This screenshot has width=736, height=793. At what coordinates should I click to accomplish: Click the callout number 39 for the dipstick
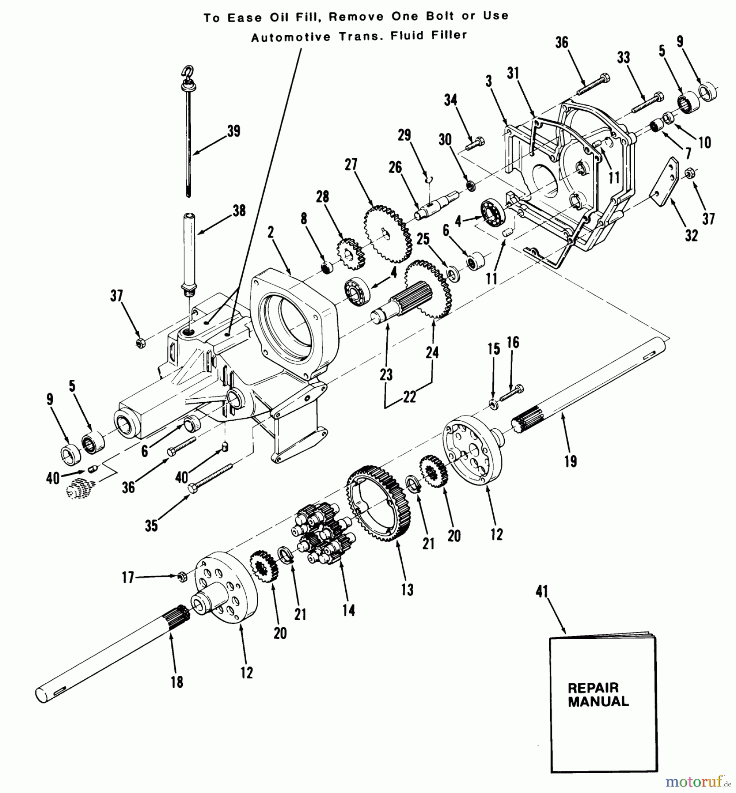(x=233, y=131)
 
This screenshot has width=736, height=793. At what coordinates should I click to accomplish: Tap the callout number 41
(x=541, y=591)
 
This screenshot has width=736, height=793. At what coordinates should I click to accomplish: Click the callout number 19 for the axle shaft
(x=570, y=461)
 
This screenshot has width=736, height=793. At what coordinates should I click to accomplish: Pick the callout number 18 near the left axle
(x=177, y=682)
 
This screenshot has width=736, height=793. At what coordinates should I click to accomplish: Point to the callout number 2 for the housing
(x=270, y=232)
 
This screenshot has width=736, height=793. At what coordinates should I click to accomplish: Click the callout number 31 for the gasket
(x=513, y=73)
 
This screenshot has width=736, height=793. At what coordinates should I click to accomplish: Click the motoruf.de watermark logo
(x=695, y=782)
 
